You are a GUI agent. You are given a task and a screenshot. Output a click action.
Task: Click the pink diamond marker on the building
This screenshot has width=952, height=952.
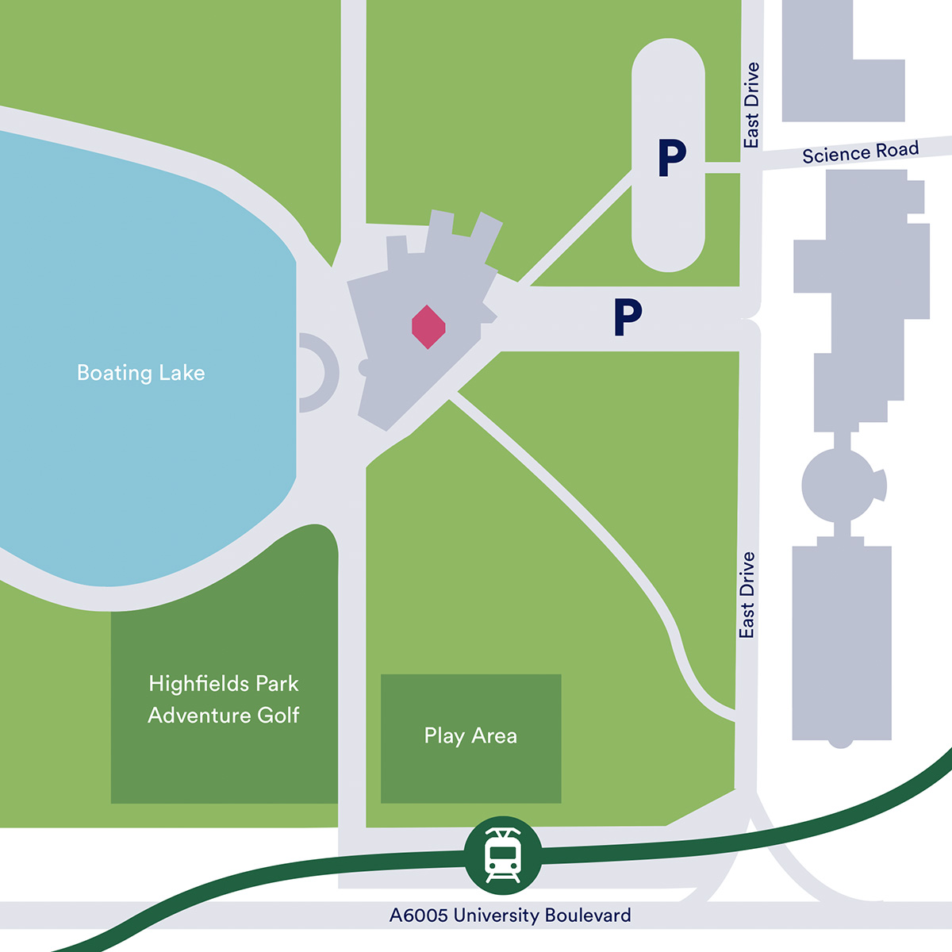click(428, 327)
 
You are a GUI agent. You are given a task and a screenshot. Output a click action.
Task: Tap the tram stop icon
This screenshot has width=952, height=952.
click(503, 855)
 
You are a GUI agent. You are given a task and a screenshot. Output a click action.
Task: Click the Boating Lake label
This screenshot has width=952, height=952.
click(140, 373)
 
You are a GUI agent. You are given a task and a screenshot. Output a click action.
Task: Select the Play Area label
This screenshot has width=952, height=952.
click(470, 736)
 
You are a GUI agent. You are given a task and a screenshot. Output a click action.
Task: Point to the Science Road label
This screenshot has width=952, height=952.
click(860, 152)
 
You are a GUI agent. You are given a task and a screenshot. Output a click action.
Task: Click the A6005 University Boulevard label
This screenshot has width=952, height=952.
click(510, 916)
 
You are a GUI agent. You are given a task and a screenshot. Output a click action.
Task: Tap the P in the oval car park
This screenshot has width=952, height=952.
click(671, 158)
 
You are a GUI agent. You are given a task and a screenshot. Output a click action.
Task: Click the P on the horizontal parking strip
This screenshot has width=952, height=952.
click(627, 317)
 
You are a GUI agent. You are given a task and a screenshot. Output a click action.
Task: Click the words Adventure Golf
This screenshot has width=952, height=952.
click(223, 716)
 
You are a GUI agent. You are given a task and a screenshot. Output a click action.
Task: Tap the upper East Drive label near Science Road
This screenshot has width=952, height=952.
click(751, 105)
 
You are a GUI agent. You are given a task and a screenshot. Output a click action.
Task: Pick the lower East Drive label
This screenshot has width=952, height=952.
click(747, 595)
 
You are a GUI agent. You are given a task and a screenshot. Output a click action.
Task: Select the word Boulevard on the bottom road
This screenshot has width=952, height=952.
click(587, 916)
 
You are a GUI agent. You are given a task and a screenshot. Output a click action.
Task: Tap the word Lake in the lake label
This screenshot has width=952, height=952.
click(182, 373)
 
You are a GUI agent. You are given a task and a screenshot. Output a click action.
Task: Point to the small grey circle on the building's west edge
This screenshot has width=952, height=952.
click(364, 367)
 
